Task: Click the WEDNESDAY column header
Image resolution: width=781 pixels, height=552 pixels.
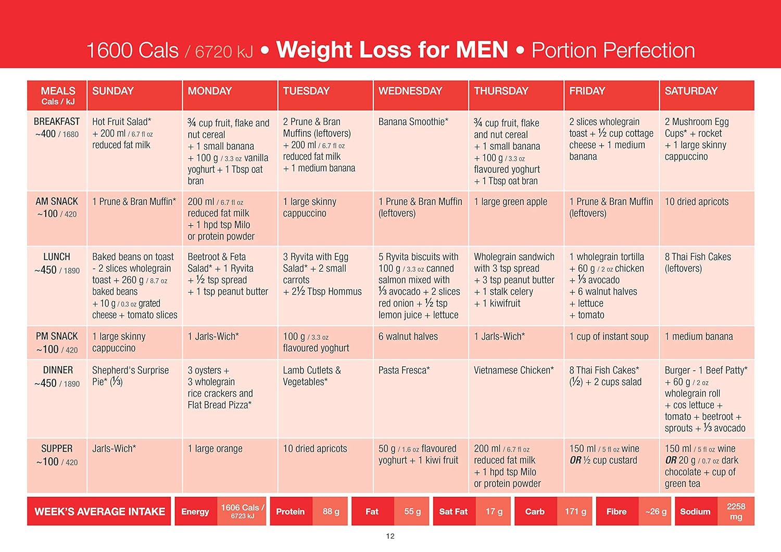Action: click(x=410, y=91)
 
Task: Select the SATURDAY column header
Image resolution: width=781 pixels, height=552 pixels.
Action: click(x=691, y=91)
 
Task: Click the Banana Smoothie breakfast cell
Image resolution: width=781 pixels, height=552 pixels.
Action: click(x=413, y=122)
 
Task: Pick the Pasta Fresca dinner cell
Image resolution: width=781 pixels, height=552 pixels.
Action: click(x=404, y=370)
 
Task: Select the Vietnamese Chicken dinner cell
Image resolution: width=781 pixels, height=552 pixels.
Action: click(x=514, y=370)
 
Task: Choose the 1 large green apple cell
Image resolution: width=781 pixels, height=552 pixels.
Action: click(x=510, y=202)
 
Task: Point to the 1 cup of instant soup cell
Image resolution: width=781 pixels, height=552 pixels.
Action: click(x=609, y=337)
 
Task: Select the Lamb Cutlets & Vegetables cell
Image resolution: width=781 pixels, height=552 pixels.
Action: click(x=312, y=376)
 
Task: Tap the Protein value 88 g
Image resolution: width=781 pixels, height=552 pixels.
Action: click(x=331, y=511)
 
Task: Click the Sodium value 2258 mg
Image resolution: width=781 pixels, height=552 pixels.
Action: click(x=736, y=511)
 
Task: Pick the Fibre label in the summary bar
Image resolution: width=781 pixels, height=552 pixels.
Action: click(x=616, y=511)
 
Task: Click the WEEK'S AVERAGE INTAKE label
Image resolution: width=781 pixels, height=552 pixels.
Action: click(x=99, y=511)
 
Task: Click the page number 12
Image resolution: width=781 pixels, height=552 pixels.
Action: click(x=391, y=536)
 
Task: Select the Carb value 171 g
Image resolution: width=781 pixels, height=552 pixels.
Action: click(x=575, y=511)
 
